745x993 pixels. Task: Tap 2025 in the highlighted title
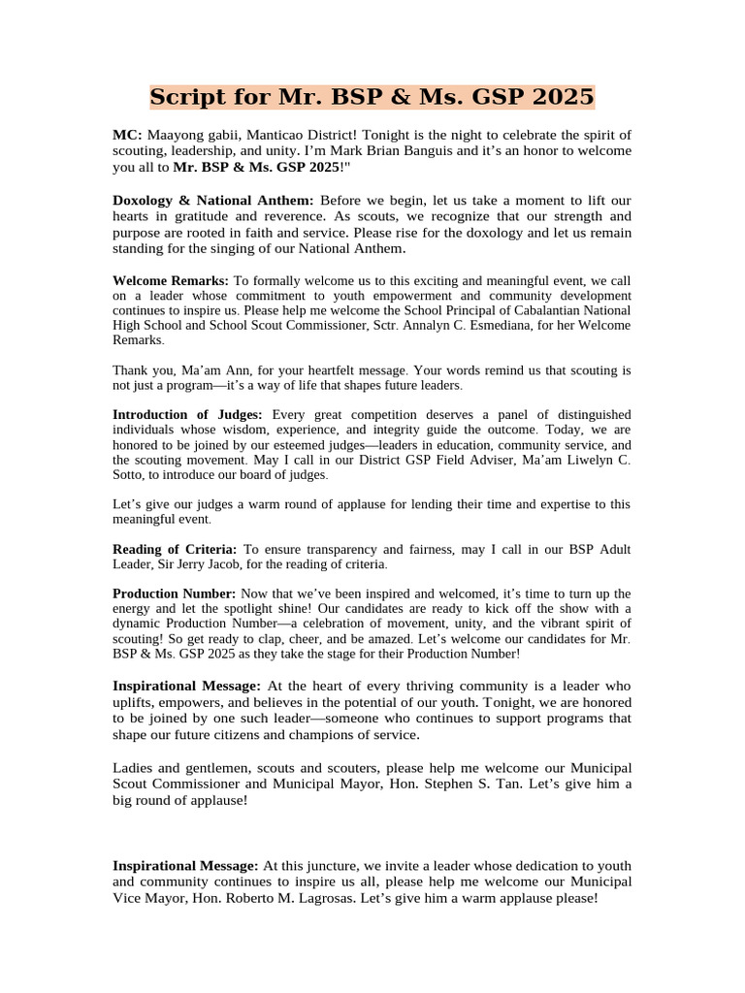click(562, 98)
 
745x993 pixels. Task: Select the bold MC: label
click(127, 135)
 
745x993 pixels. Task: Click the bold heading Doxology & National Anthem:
click(213, 200)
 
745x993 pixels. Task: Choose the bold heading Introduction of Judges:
click(187, 414)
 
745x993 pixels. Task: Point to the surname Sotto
click(132, 475)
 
